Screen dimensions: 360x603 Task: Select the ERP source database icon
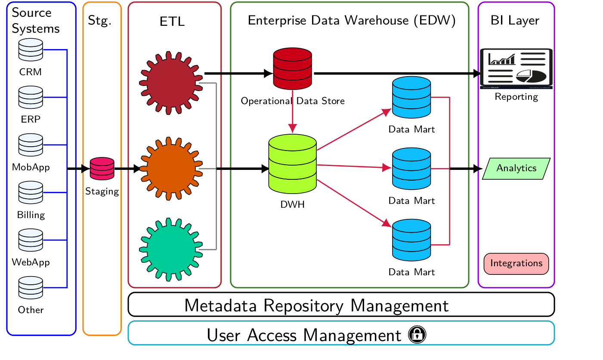coord(31,97)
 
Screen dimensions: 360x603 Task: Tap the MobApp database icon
coord(31,145)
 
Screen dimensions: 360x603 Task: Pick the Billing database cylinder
coord(31,193)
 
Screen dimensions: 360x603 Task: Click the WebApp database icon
coord(31,240)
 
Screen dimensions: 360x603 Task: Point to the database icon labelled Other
coord(31,288)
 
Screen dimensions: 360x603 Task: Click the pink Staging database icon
coord(102,169)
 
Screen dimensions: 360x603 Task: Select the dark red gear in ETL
coord(171,83)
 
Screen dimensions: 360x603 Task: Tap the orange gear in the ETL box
coord(171,169)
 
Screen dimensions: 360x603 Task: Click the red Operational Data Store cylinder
coord(293,69)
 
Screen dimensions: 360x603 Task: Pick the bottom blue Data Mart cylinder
coord(411,240)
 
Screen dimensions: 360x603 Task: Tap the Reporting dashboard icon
coord(516,68)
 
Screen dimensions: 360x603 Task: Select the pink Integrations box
coord(516,263)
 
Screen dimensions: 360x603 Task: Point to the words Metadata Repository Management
coord(316,305)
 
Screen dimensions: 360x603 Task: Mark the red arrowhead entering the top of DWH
coord(293,129)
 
